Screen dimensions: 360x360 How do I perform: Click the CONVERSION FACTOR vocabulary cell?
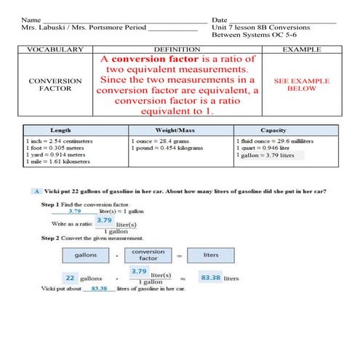pyautogui.click(x=55, y=86)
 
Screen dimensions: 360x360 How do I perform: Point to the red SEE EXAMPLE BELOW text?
pyautogui.click(x=301, y=85)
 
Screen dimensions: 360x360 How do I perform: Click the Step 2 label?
pyautogui.click(x=49, y=238)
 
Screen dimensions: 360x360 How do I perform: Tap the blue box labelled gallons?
pyautogui.click(x=85, y=255)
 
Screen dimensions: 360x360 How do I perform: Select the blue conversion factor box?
pyautogui.click(x=148, y=255)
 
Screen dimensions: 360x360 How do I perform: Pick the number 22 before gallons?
pyautogui.click(x=70, y=278)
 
